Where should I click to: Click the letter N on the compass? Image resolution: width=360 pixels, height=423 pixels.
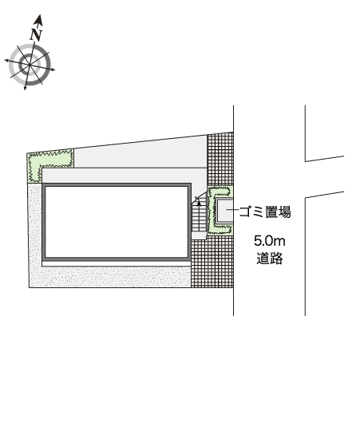pos(36,35)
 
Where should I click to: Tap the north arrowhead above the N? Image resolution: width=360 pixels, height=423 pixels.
pos(39,20)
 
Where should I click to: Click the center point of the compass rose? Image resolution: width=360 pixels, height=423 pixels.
pos(30,65)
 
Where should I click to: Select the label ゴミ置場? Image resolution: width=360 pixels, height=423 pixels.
pos(265,211)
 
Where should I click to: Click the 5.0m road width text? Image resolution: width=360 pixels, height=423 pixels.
pos(269,241)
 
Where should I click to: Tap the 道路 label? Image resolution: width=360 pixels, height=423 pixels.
pos(269,258)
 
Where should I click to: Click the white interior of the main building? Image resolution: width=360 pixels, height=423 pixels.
pos(117,222)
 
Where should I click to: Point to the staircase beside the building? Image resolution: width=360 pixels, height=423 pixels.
pos(200,215)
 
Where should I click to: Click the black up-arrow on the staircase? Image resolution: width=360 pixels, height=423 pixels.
pos(200,204)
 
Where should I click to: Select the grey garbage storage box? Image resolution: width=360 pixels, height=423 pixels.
pos(224,211)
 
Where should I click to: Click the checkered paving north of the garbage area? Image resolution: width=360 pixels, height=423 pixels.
pos(220,159)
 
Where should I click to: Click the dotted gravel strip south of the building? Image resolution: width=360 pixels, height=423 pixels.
pos(116,277)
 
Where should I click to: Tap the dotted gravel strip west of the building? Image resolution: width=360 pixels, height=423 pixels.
pos(35,235)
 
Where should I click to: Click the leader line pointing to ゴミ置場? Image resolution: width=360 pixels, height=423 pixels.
pos(232,209)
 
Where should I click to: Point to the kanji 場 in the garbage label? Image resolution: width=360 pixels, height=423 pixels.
pos(285,211)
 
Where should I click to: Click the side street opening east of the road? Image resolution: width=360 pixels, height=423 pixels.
pos(325,176)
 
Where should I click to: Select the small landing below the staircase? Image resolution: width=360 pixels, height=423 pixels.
pos(199,235)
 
